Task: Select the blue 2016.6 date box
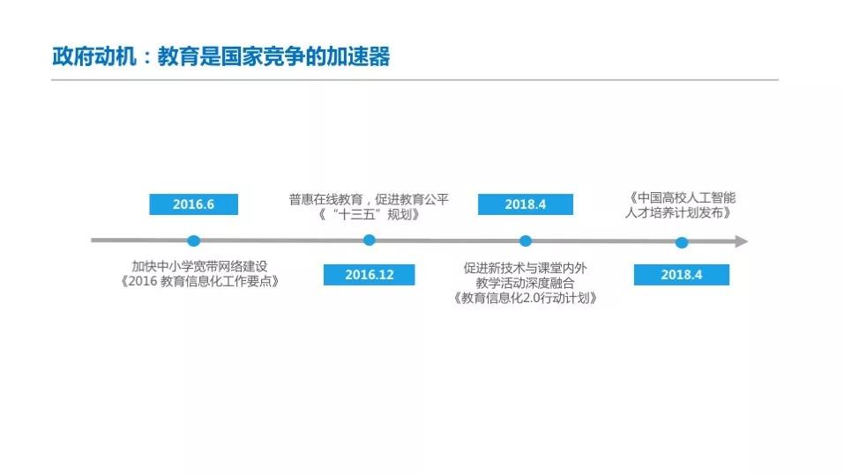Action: click(193, 204)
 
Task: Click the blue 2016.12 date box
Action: click(369, 275)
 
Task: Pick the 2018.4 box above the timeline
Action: click(525, 204)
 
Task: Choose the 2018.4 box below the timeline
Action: click(681, 275)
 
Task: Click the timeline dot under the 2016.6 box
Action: click(194, 241)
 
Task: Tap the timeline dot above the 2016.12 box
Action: click(369, 240)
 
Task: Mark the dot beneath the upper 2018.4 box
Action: click(526, 241)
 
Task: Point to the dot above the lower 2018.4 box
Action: click(681, 242)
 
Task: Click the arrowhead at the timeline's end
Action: click(742, 241)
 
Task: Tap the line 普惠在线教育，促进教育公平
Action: click(369, 199)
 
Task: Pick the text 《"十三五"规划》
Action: click(369, 215)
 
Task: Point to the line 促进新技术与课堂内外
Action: click(526, 266)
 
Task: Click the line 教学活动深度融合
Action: click(526, 282)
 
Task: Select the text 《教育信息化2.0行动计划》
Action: click(526, 298)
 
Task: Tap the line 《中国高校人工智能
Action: click(682, 197)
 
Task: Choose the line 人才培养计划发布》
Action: click(682, 212)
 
